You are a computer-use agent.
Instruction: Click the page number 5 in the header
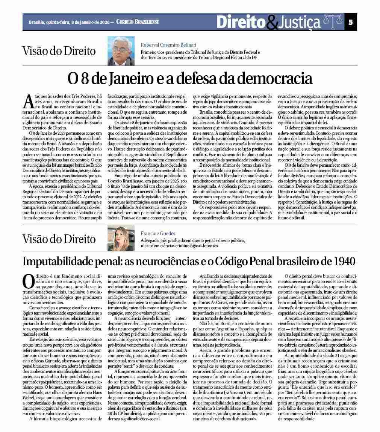click(350, 22)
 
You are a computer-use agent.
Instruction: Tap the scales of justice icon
click(333, 22)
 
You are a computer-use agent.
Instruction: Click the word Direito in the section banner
click(241, 22)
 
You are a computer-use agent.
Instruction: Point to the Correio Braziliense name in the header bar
click(138, 22)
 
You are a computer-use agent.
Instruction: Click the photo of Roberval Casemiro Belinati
click(121, 51)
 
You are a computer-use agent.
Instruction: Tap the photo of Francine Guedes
click(121, 239)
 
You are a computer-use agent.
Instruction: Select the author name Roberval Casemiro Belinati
click(168, 45)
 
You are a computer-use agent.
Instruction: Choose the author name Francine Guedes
click(158, 233)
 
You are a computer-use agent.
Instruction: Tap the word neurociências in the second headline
click(165, 261)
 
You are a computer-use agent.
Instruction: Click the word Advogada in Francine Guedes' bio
click(151, 240)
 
